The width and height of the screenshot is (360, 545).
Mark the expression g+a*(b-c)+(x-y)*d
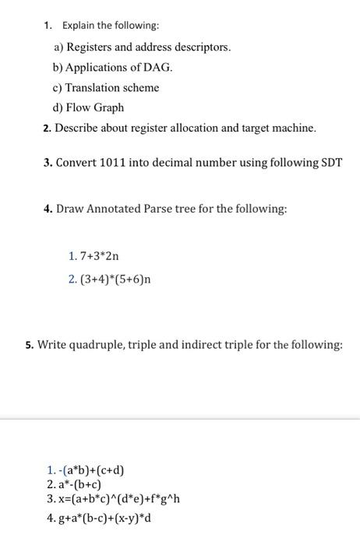tap(98, 517)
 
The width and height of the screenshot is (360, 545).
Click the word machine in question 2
tap(292, 128)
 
